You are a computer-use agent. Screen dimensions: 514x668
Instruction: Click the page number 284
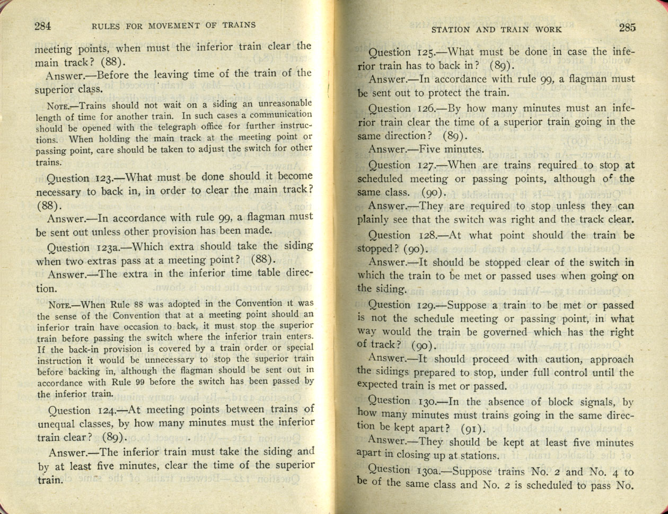point(42,26)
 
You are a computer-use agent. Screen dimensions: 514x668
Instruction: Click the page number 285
point(626,28)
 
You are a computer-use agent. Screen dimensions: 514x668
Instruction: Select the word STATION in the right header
point(451,30)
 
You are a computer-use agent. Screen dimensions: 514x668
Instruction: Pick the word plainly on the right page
point(375,219)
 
